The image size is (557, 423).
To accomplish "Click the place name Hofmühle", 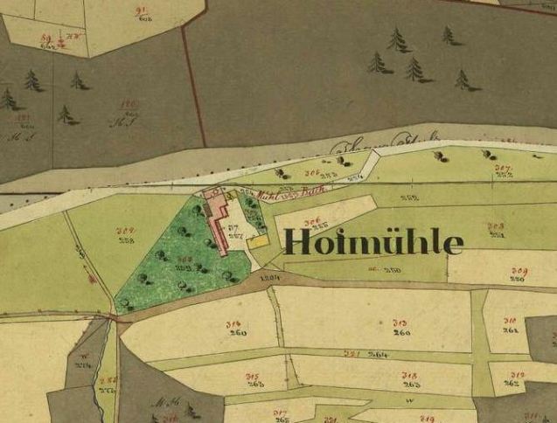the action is click(x=372, y=242).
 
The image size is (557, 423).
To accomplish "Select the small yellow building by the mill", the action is click(x=260, y=239).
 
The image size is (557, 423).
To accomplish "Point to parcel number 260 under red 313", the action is click(x=402, y=333).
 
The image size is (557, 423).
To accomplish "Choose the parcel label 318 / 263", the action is click(x=408, y=380).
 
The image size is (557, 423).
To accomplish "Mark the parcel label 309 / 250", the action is click(x=519, y=276).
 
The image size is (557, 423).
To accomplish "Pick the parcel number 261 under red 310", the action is click(x=511, y=331).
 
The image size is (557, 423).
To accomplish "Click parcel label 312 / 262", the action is click(x=513, y=378).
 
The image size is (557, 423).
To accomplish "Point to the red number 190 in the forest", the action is click(x=130, y=104).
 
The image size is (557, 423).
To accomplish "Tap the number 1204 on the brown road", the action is click(x=270, y=276).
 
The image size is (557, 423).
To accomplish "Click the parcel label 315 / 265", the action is click(x=255, y=380).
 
